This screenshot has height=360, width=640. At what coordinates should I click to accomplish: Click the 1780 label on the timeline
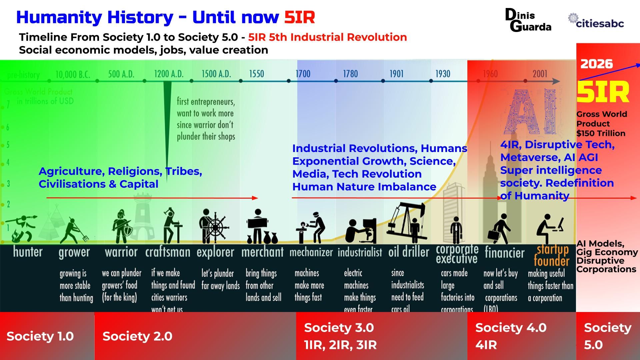(x=350, y=74)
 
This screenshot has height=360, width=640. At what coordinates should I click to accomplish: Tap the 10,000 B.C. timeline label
(x=73, y=74)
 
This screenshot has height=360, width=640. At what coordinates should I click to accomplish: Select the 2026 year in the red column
(x=596, y=64)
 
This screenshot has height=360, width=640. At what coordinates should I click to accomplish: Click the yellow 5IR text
(x=603, y=92)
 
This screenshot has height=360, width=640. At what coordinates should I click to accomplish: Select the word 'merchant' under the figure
(x=262, y=252)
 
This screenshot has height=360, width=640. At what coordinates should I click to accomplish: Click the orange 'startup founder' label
(x=552, y=255)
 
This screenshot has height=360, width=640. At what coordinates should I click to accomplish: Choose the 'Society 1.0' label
(x=40, y=336)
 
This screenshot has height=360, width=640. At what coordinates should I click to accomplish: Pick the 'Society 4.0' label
(x=511, y=328)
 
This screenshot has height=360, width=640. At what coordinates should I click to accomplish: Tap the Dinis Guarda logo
(x=528, y=20)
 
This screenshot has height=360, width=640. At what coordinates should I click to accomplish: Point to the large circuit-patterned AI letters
(x=531, y=111)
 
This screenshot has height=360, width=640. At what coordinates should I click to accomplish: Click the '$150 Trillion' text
(x=601, y=133)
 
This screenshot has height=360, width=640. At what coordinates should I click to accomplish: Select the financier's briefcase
(x=493, y=236)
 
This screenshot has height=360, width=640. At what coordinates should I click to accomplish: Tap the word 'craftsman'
(x=168, y=252)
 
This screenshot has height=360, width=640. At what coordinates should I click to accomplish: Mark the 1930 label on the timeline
(x=443, y=74)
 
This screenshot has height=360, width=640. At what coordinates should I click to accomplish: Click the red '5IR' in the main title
(x=299, y=17)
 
